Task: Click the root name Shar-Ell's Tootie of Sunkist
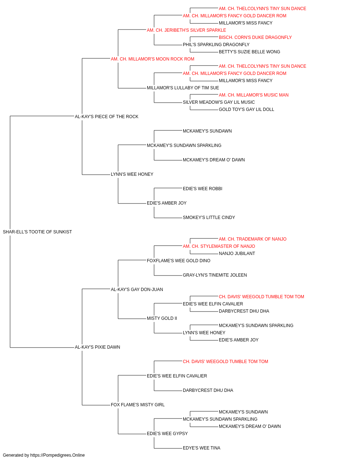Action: [37, 232]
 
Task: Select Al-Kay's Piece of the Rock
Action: [107, 116]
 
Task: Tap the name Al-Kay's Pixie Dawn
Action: [97, 347]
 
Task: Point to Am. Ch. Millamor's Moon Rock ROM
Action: [152, 59]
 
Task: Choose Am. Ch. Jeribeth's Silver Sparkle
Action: [186, 30]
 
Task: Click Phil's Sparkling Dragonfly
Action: [216, 45]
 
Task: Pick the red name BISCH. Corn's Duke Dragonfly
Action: [255, 37]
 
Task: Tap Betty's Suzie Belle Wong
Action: [249, 52]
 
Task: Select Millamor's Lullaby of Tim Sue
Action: [183, 88]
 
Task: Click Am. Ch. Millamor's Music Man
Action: [253, 95]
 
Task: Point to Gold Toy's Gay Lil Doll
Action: [246, 109]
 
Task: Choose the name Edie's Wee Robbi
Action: [202, 189]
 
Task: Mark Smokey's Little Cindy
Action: [209, 218]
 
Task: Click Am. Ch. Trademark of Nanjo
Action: [252, 239]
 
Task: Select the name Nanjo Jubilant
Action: [237, 254]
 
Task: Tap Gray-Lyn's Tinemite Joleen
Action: [215, 275]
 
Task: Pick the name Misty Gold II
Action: [162, 318]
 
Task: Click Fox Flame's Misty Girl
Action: [138, 405]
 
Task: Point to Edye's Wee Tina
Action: [201, 448]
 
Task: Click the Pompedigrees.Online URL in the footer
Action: [58, 455]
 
